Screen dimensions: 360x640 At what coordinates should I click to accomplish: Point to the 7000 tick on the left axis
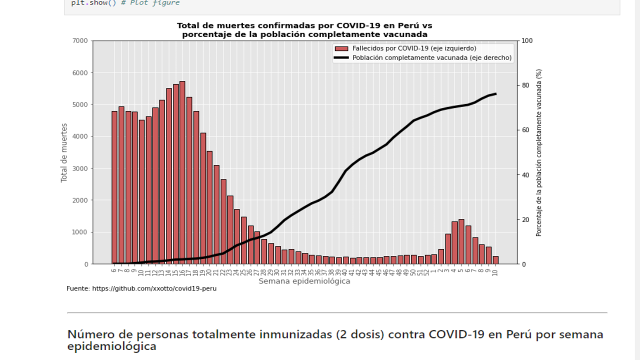[x=79, y=41]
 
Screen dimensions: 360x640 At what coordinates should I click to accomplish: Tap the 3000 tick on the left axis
[x=79, y=168]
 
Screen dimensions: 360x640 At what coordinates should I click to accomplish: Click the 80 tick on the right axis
[x=525, y=85]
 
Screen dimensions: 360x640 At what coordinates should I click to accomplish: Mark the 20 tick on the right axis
[x=525, y=220]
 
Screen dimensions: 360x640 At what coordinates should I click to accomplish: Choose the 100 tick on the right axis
[x=527, y=41]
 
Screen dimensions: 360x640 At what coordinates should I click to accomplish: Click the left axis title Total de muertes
[x=64, y=152]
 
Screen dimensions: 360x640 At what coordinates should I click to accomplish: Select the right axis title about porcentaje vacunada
[x=539, y=152]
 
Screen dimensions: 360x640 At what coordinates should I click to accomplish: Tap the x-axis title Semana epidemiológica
[x=304, y=281]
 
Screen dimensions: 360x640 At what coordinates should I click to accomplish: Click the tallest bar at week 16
[x=182, y=172]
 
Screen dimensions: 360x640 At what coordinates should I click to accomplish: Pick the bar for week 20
[x=209, y=207]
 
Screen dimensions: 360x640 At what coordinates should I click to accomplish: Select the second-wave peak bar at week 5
[x=461, y=241]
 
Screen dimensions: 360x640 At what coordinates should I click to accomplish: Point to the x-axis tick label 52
[x=427, y=272]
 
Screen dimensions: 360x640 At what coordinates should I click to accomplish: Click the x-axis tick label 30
[x=277, y=272]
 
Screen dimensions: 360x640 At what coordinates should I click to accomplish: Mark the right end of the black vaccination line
[x=495, y=94]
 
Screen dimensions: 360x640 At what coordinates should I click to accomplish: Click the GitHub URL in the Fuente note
[x=154, y=288]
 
